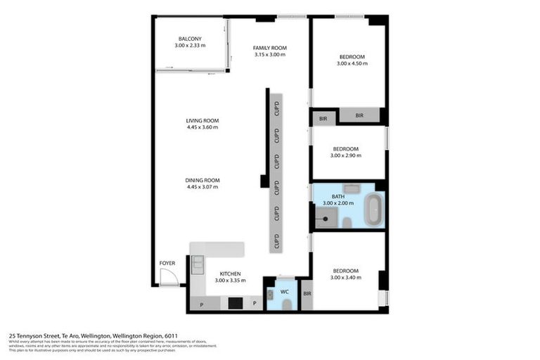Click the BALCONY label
(x=190, y=38)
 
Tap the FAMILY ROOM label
(x=270, y=48)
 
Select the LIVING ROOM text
(x=202, y=120)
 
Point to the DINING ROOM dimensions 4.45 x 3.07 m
(x=202, y=187)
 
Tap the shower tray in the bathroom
(x=326, y=218)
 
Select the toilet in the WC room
(x=285, y=304)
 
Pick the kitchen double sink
(x=197, y=265)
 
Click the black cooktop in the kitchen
(x=236, y=303)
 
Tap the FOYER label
(x=167, y=263)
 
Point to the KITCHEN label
(x=231, y=274)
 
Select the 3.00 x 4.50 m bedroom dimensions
(x=352, y=63)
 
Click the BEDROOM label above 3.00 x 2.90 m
(x=346, y=148)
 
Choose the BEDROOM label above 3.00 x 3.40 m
(x=346, y=271)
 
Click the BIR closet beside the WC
(x=307, y=293)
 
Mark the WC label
(x=285, y=290)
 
